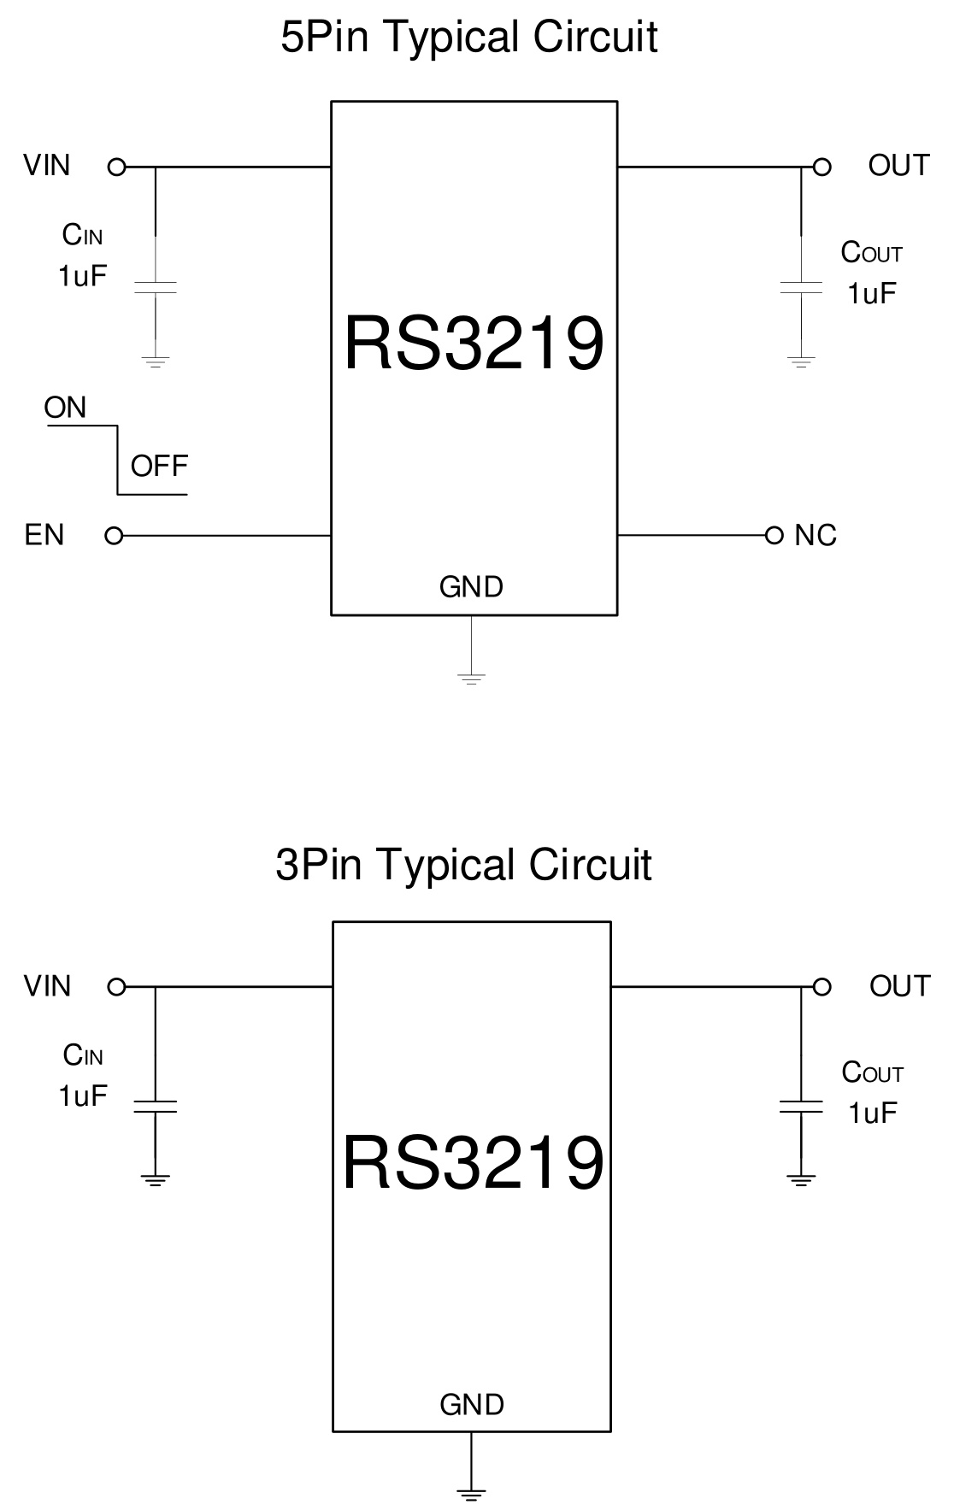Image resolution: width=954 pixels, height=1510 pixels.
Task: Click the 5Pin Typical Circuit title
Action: [468, 38]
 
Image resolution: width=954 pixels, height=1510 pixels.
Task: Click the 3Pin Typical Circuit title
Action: [463, 864]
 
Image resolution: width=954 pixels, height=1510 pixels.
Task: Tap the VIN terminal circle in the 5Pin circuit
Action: [117, 167]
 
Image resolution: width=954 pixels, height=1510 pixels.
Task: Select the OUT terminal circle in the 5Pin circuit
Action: [821, 167]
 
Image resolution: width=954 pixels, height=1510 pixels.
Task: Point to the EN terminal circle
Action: [114, 536]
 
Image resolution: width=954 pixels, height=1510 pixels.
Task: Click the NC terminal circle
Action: [774, 535]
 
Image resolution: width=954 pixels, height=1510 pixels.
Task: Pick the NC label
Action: [815, 536]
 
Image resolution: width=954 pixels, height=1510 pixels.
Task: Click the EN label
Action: [44, 535]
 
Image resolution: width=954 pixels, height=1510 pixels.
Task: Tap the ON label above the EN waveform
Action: [66, 408]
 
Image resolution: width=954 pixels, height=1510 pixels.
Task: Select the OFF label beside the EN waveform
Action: [159, 466]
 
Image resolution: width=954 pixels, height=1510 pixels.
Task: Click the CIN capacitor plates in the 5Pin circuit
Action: [156, 286]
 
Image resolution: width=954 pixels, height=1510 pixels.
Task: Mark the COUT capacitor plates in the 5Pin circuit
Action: [801, 287]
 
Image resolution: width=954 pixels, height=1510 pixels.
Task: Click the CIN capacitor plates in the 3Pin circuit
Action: [156, 1106]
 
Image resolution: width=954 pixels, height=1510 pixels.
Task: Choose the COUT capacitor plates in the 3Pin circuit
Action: [801, 1107]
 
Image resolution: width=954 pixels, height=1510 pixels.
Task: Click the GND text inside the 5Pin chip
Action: [471, 587]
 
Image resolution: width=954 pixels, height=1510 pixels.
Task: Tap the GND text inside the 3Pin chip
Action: [472, 1405]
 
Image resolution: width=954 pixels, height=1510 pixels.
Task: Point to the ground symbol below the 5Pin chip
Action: [471, 679]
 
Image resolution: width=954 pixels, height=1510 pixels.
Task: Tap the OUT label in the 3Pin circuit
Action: [899, 986]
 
